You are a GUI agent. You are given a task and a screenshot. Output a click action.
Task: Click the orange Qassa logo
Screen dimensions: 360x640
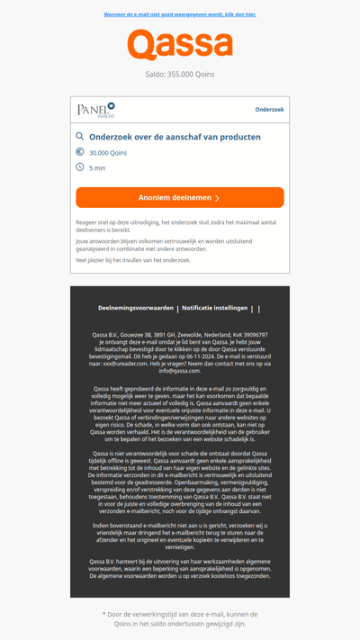[x=180, y=45]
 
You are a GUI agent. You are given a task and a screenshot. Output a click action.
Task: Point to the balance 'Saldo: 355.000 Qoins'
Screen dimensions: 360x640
[x=180, y=75]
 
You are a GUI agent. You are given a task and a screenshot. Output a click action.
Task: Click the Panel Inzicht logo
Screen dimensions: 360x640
[x=96, y=110]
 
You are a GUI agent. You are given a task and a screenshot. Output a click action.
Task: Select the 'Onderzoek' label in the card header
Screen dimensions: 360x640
[x=269, y=110]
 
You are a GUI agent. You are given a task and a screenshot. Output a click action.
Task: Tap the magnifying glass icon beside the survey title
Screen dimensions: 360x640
[x=80, y=137]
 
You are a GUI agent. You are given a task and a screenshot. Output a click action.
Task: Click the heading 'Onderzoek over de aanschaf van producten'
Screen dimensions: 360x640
[x=175, y=137]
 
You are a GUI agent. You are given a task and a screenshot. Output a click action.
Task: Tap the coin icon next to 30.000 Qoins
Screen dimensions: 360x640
[x=80, y=152]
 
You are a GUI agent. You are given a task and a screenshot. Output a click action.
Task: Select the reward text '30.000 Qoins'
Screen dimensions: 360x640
[x=108, y=153]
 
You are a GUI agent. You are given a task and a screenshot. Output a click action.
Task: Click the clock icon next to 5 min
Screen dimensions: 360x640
[x=80, y=167]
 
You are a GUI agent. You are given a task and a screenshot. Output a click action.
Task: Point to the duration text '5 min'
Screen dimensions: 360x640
[x=97, y=168]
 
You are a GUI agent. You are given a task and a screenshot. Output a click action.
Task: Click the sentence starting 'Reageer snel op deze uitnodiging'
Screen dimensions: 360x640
[x=175, y=225]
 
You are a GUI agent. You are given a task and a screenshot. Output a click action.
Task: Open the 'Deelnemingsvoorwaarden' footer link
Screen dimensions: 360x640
[x=136, y=308]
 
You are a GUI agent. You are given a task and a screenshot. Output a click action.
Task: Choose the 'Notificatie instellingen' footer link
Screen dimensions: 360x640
[x=214, y=308]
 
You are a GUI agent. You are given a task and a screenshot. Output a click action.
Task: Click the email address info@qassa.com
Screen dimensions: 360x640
[x=180, y=371]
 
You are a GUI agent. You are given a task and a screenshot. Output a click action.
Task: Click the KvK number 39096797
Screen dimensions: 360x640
[x=249, y=335]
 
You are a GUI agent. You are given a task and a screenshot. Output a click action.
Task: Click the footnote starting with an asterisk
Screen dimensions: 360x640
[x=180, y=618]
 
